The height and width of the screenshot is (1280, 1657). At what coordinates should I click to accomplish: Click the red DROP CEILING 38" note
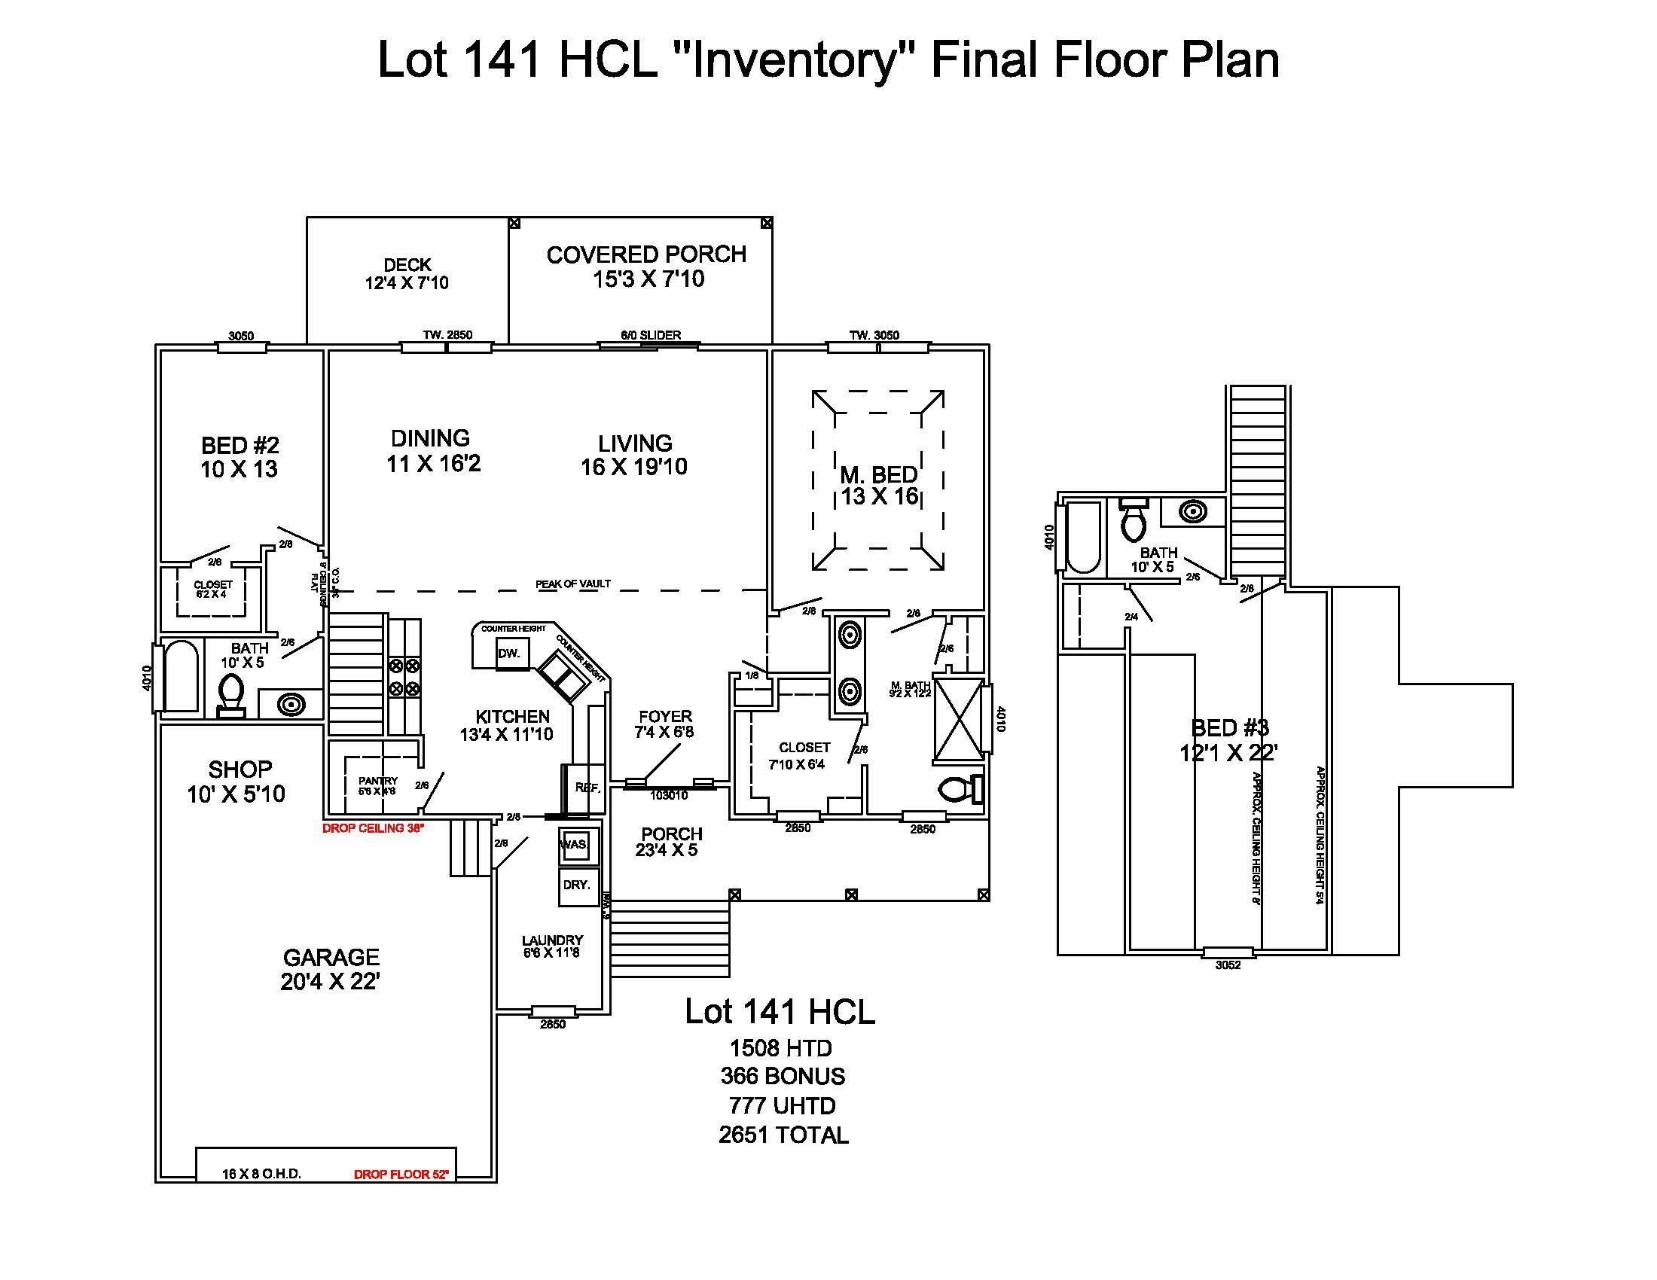pyautogui.click(x=373, y=828)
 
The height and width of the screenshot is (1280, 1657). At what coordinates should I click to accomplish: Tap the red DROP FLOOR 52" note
pyautogui.click(x=401, y=1175)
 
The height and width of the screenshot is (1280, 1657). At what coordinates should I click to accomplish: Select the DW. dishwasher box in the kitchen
pyautogui.click(x=508, y=654)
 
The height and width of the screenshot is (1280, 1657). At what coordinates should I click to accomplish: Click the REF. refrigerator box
pyautogui.click(x=587, y=788)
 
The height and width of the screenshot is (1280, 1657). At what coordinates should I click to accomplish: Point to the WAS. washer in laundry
pyautogui.click(x=575, y=845)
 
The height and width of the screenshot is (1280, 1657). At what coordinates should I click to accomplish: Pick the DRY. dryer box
pyautogui.click(x=577, y=885)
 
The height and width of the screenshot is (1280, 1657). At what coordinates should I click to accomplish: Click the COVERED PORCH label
pyautogui.click(x=646, y=254)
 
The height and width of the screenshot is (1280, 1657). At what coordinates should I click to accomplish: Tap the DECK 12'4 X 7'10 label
pyautogui.click(x=407, y=274)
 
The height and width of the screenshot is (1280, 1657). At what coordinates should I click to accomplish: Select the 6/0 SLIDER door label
pyautogui.click(x=650, y=335)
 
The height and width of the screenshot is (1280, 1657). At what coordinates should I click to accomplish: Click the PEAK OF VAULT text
pyautogui.click(x=573, y=584)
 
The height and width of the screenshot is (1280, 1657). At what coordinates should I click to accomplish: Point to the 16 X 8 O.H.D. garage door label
pyautogui.click(x=262, y=1174)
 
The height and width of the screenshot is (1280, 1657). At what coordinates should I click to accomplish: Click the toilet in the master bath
pyautogui.click(x=958, y=790)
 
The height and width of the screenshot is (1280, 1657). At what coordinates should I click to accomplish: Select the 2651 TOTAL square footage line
pyautogui.click(x=783, y=1135)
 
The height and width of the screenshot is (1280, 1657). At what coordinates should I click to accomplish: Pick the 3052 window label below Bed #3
pyautogui.click(x=1228, y=965)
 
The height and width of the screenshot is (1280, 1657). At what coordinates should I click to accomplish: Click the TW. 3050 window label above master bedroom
pyautogui.click(x=874, y=335)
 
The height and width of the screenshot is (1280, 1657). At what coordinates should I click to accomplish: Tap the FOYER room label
pyautogui.click(x=664, y=717)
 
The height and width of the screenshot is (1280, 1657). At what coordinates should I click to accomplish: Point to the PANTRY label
pyautogui.click(x=378, y=781)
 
